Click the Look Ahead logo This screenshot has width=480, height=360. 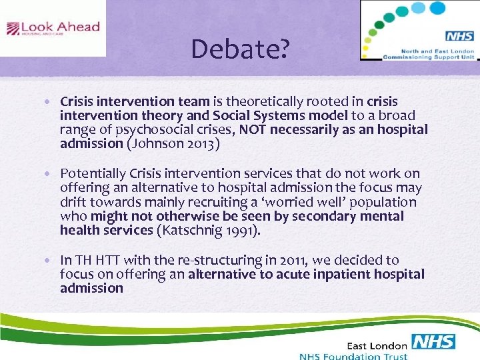[x=53, y=28]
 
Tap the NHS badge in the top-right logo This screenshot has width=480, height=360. [x=459, y=36]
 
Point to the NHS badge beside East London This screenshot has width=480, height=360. [x=433, y=343]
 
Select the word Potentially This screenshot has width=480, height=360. [x=92, y=173]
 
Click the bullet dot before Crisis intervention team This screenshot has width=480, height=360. [x=52, y=102]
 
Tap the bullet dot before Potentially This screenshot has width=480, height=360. [x=52, y=174]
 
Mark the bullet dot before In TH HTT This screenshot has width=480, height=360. [x=52, y=260]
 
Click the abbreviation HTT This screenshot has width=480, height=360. [x=108, y=260]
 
